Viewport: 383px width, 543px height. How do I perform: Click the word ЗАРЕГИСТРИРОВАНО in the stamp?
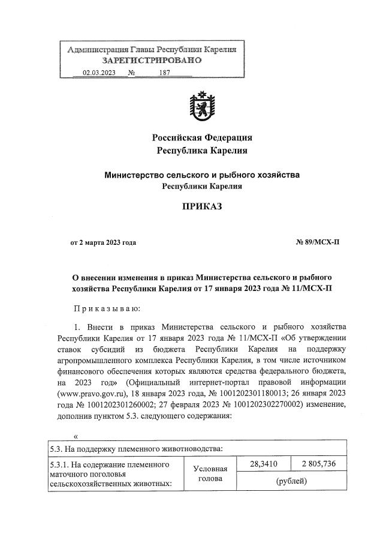pos(152,61)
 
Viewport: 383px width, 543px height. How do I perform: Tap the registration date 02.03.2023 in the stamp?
pos(99,73)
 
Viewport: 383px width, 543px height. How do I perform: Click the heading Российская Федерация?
pos(201,137)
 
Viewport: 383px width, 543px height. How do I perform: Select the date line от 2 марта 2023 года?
pos(104,242)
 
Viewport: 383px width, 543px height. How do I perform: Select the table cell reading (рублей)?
pos(291,481)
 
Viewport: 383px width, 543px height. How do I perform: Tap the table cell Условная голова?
pos(211,474)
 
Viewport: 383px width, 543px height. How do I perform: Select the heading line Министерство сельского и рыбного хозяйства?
pos(201,175)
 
